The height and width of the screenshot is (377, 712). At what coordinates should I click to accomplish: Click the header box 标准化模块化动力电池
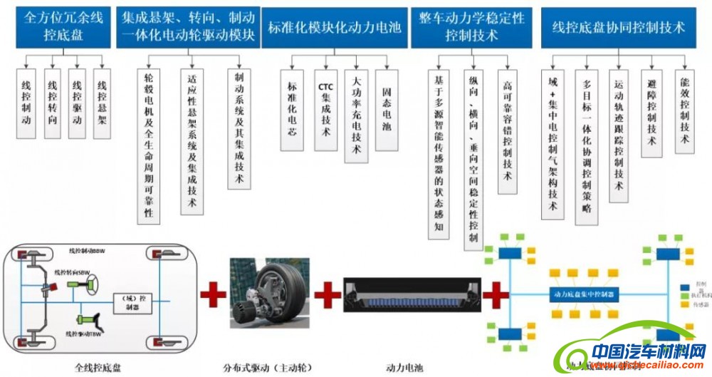pyautogui.click(x=334, y=28)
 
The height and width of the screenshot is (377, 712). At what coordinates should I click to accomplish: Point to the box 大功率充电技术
pyautogui.click(x=356, y=114)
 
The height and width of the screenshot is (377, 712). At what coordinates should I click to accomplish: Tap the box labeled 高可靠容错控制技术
pyautogui.click(x=507, y=131)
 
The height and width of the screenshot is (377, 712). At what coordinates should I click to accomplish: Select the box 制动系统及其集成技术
pyautogui.click(x=239, y=128)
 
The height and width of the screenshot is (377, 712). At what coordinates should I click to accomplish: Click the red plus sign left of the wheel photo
pyautogui.click(x=212, y=294)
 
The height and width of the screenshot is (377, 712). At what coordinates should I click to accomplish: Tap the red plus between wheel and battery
pyautogui.click(x=327, y=294)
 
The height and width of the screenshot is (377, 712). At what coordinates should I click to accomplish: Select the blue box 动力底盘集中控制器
pyautogui.click(x=585, y=293)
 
